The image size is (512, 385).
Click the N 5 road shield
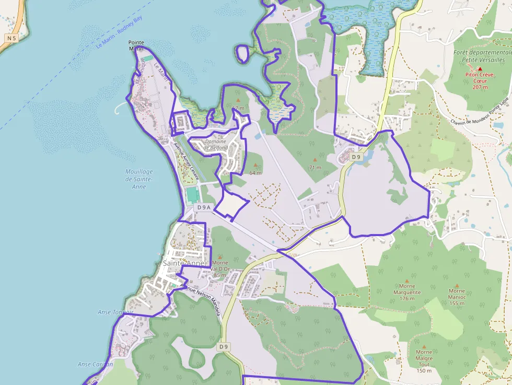11,38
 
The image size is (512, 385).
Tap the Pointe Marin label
136,45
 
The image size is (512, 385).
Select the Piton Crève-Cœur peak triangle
480,68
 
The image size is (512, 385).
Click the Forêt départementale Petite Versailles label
482,56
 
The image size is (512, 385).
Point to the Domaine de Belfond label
216,144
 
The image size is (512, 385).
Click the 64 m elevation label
255,172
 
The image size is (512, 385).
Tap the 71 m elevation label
315,168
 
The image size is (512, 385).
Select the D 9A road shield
203,207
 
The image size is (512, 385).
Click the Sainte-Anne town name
183,263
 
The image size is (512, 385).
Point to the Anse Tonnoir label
115,312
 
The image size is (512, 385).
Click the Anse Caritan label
95,364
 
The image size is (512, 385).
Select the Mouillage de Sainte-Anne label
139,179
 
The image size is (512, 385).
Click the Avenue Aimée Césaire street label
186,161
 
